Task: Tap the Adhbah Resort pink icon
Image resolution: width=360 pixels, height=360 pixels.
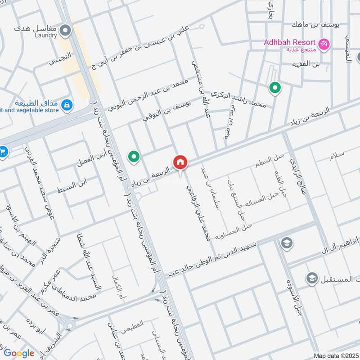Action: tap(324, 44)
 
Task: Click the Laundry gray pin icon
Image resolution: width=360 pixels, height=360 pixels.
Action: tap(66, 31)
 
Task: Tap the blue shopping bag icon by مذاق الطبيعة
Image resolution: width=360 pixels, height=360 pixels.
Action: tap(67, 105)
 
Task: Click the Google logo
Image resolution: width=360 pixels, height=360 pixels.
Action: tap(19, 353)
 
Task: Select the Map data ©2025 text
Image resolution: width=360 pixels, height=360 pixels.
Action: tap(335, 355)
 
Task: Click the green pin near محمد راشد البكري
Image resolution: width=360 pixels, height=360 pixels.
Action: tap(274, 88)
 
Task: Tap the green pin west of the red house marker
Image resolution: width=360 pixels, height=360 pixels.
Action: tap(134, 157)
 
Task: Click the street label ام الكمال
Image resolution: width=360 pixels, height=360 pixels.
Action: tap(118, 288)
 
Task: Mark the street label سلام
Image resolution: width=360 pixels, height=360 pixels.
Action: tap(337, 154)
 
